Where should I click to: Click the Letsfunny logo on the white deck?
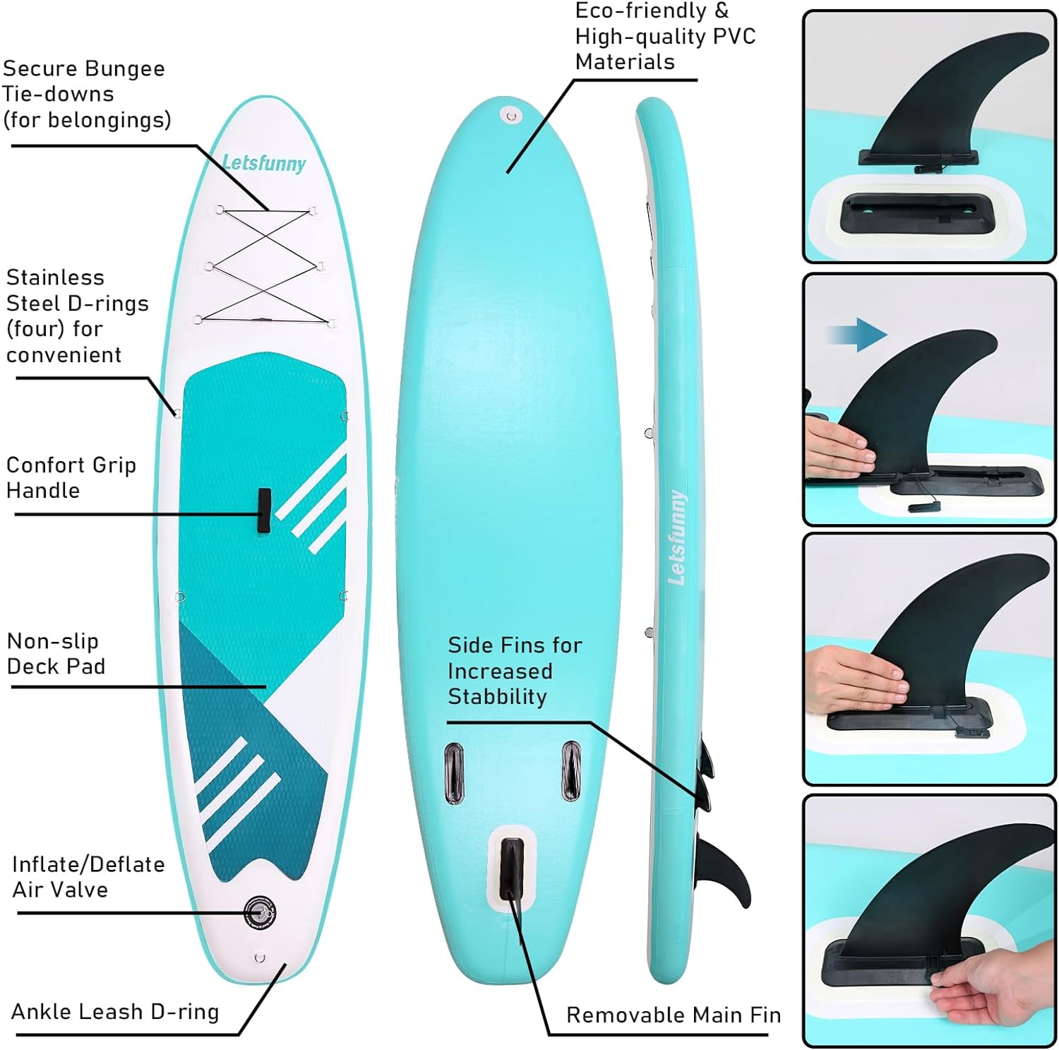264,163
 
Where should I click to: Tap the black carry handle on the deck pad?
264,510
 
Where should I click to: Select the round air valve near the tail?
259,912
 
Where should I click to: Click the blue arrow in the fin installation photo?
856,333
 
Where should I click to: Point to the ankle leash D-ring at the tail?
260,957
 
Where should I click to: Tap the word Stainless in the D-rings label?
55,278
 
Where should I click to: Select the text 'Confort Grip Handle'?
71,477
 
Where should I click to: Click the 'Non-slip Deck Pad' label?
56,653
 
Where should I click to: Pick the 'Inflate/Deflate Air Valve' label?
88,876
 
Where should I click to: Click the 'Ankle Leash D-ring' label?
115,1011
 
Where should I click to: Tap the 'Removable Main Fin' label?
673,1015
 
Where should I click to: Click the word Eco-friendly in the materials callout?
640,11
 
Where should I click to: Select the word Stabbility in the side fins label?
497,697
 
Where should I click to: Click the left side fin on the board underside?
453,772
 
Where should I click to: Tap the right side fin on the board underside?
570,770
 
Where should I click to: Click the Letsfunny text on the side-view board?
677,537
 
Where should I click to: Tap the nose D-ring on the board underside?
511,115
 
